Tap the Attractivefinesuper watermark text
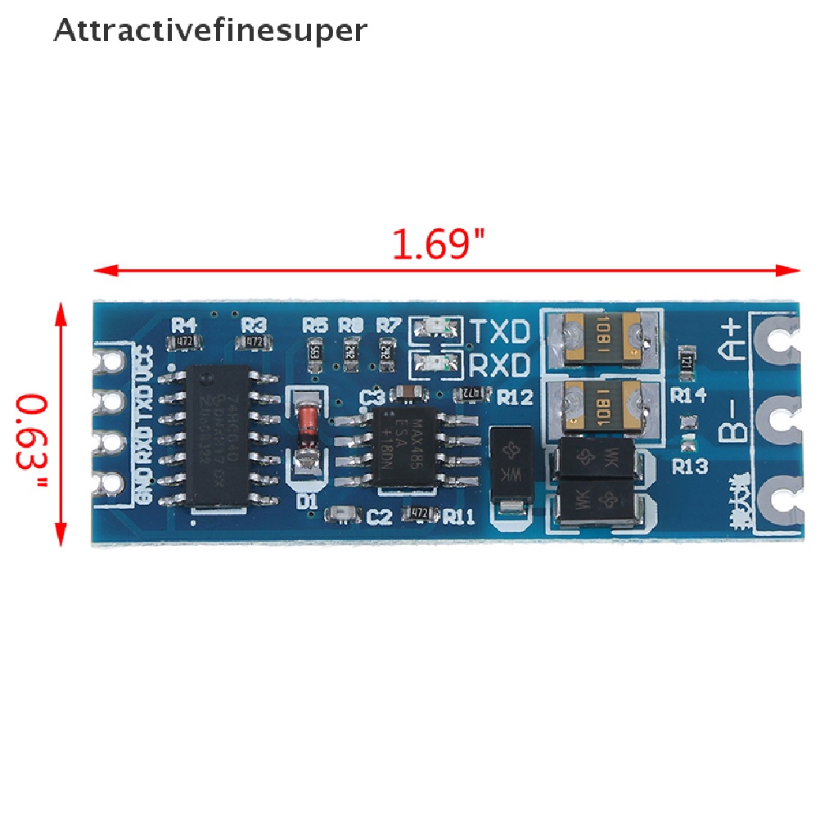point(210,30)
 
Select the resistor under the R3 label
point(255,340)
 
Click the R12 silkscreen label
point(515,398)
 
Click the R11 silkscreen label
point(459,516)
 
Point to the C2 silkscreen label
point(380,516)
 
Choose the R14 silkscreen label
point(688,395)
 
